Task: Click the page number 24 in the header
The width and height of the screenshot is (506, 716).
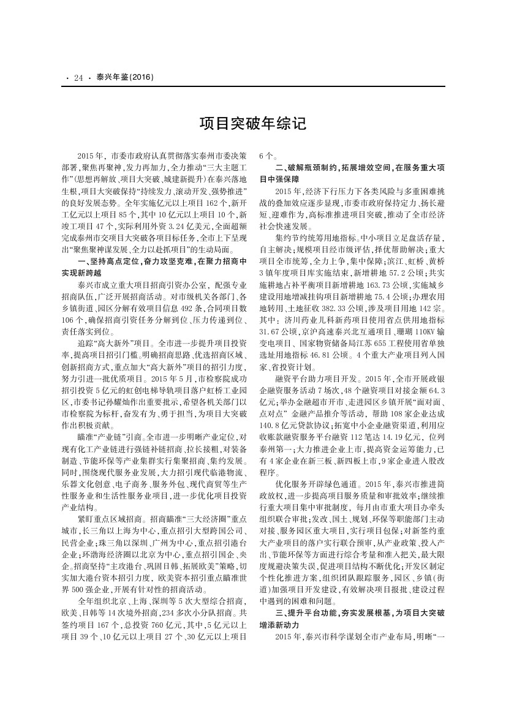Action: [78, 78]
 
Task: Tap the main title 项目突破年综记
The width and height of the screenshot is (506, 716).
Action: [253, 124]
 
